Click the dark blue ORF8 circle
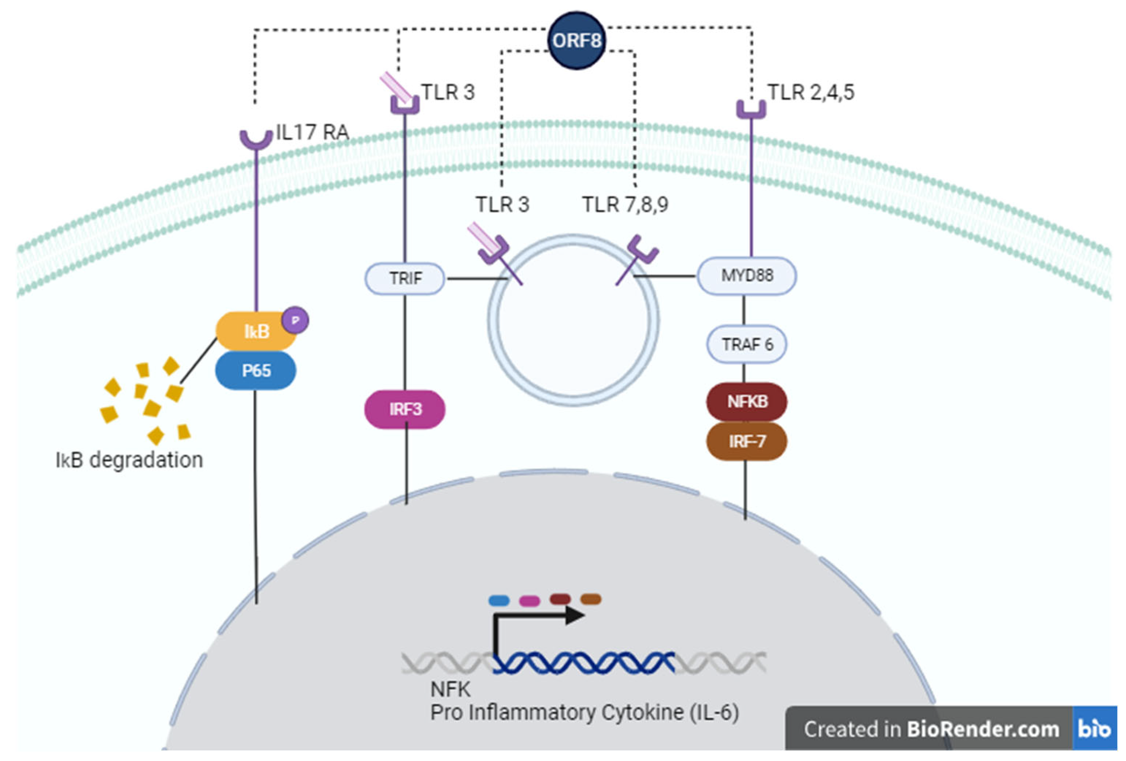tap(576, 41)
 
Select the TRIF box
tap(405, 278)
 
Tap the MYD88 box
tap(747, 276)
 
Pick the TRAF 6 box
tap(747, 345)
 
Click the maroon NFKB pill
tap(747, 401)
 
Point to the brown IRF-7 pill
tap(747, 441)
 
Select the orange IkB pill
tap(256, 332)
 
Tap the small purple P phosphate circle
tap(295, 320)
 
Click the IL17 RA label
tap(313, 132)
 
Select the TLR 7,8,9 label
tap(625, 204)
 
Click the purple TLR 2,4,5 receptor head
tap(751, 109)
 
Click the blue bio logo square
tap(1095, 728)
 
